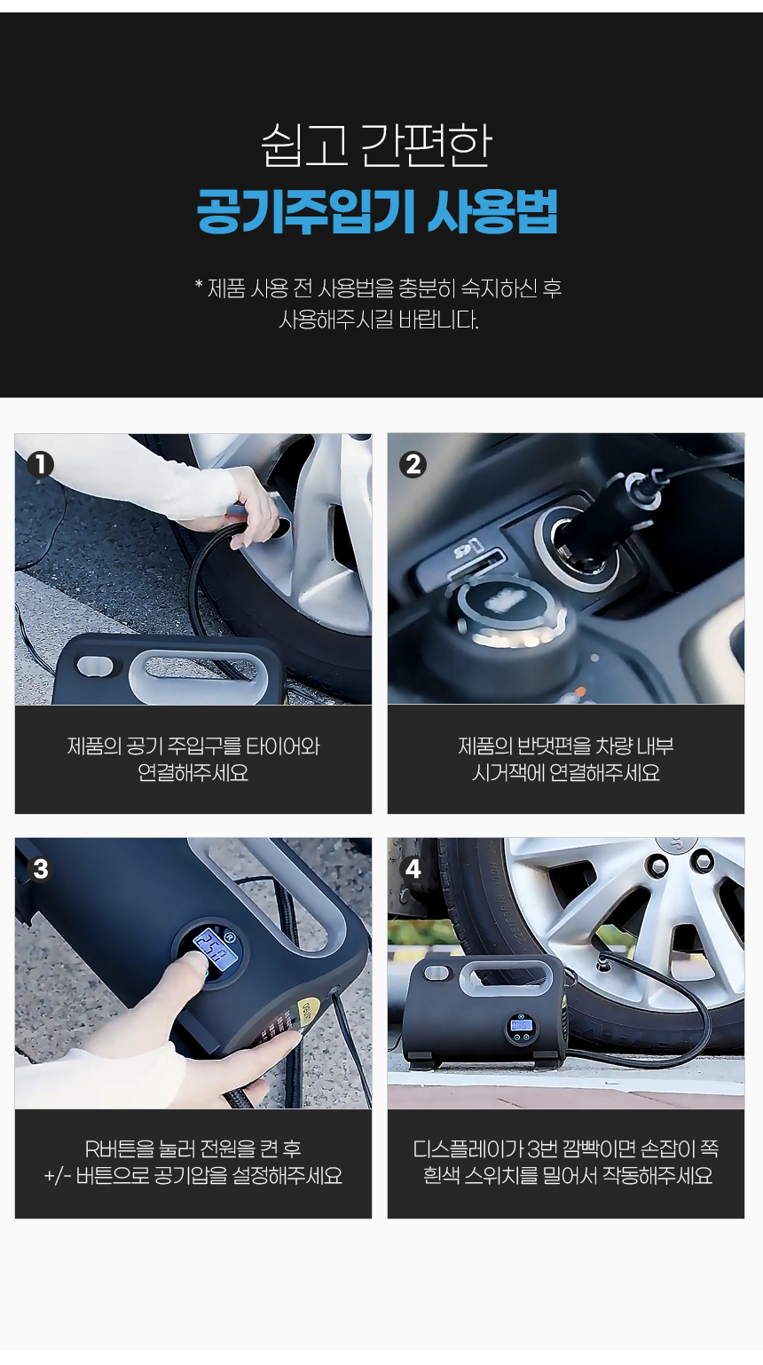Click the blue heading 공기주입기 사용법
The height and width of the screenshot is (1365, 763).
click(378, 212)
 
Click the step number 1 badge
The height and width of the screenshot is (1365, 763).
click(40, 465)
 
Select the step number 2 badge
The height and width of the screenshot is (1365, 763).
click(413, 465)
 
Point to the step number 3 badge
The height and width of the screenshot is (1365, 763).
click(40, 869)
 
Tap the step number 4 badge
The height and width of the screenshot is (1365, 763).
click(413, 869)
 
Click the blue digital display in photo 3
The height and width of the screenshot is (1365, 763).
click(215, 949)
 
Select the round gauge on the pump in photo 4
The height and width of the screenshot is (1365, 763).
click(521, 1027)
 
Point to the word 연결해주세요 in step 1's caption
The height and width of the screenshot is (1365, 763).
click(193, 773)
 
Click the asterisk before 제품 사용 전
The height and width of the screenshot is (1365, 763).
click(199, 285)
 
